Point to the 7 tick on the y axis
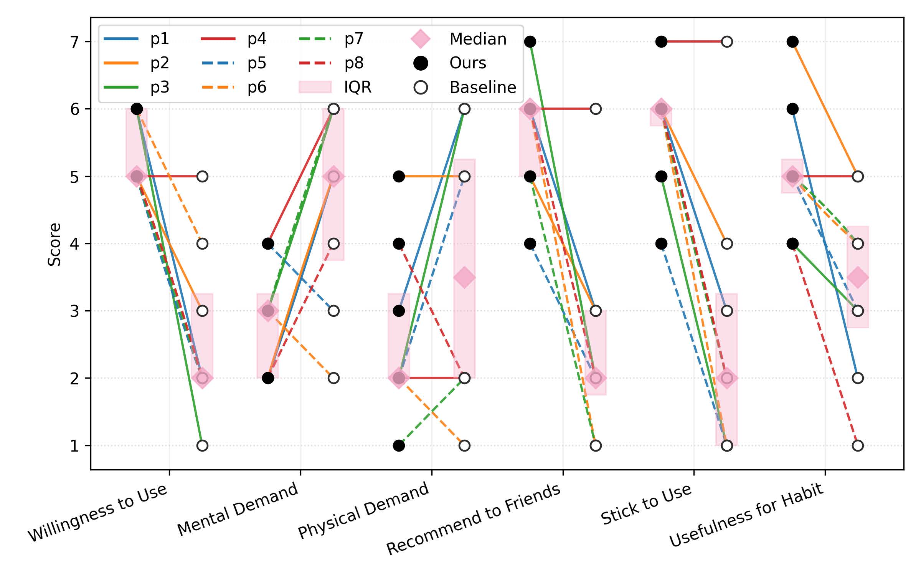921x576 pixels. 74,41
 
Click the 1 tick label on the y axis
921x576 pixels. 74,446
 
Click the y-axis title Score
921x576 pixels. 54,244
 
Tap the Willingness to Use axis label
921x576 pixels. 98,513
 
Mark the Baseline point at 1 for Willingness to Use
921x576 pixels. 202,445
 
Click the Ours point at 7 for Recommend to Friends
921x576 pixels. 530,41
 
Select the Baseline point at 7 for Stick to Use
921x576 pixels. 727,41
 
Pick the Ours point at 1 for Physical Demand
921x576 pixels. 399,445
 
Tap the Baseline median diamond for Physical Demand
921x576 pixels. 464,277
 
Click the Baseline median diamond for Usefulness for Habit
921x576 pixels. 858,277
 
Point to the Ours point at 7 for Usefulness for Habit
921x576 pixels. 792,41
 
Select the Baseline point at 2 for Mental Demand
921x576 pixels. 333,378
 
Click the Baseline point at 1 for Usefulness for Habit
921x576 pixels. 858,445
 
